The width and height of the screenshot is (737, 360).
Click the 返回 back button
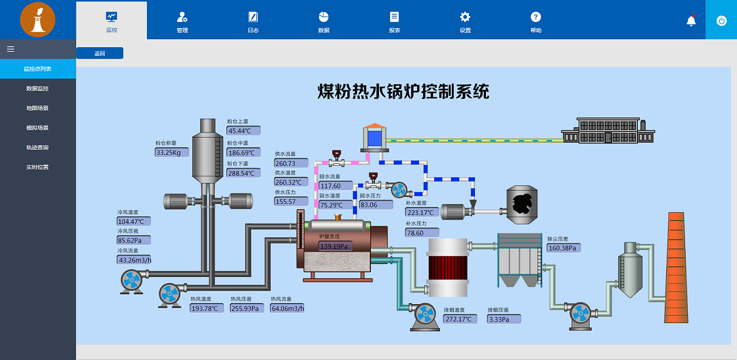(x=100, y=53)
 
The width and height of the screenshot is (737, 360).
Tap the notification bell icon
(x=691, y=21)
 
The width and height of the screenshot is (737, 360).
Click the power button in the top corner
(x=721, y=20)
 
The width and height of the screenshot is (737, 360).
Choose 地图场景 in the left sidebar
(x=37, y=108)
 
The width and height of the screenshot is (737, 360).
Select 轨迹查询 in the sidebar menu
(x=37, y=147)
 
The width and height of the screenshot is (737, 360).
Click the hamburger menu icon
(x=10, y=49)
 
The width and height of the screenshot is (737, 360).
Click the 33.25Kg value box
(x=172, y=152)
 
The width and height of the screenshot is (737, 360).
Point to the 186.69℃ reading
(x=244, y=153)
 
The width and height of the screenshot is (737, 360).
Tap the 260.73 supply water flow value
(x=291, y=164)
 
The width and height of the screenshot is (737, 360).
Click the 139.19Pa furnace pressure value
(x=335, y=247)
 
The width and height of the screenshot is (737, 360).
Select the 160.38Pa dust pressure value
(x=564, y=248)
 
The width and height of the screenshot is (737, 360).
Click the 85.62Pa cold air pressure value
(x=134, y=240)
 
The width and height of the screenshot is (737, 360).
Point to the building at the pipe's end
(x=608, y=131)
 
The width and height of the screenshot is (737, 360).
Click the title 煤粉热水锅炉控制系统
(x=403, y=91)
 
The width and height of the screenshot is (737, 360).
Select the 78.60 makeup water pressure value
(x=422, y=233)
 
